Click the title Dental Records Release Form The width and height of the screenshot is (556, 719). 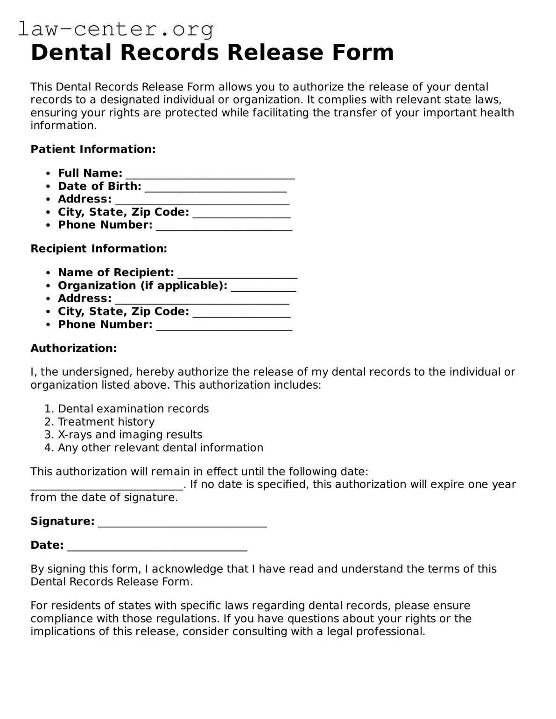pyautogui.click(x=212, y=52)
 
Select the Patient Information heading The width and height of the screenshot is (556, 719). pyautogui.click(x=93, y=149)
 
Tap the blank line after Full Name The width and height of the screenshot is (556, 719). pyautogui.click(x=210, y=175)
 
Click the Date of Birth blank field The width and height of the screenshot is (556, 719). pyautogui.click(x=215, y=188)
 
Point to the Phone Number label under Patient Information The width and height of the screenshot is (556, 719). pyautogui.click(x=105, y=225)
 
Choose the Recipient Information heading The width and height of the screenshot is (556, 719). pyautogui.click(x=99, y=249)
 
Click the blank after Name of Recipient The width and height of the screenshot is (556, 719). pyautogui.click(x=237, y=274)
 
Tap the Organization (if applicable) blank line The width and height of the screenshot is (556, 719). pyautogui.click(x=263, y=287)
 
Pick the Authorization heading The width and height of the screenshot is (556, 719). pyautogui.click(x=73, y=348)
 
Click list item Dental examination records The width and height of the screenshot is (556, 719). pyautogui.click(x=133, y=409)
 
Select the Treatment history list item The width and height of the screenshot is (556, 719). pyautogui.click(x=106, y=422)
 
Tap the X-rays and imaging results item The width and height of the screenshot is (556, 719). pyautogui.click(x=130, y=435)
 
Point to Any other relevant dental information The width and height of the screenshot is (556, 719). pyautogui.click(x=160, y=448)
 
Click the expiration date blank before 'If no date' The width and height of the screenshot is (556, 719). pyautogui.click(x=106, y=486)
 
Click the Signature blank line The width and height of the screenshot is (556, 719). pyautogui.click(x=182, y=523)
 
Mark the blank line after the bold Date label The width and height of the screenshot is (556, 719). pyautogui.click(x=157, y=546)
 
